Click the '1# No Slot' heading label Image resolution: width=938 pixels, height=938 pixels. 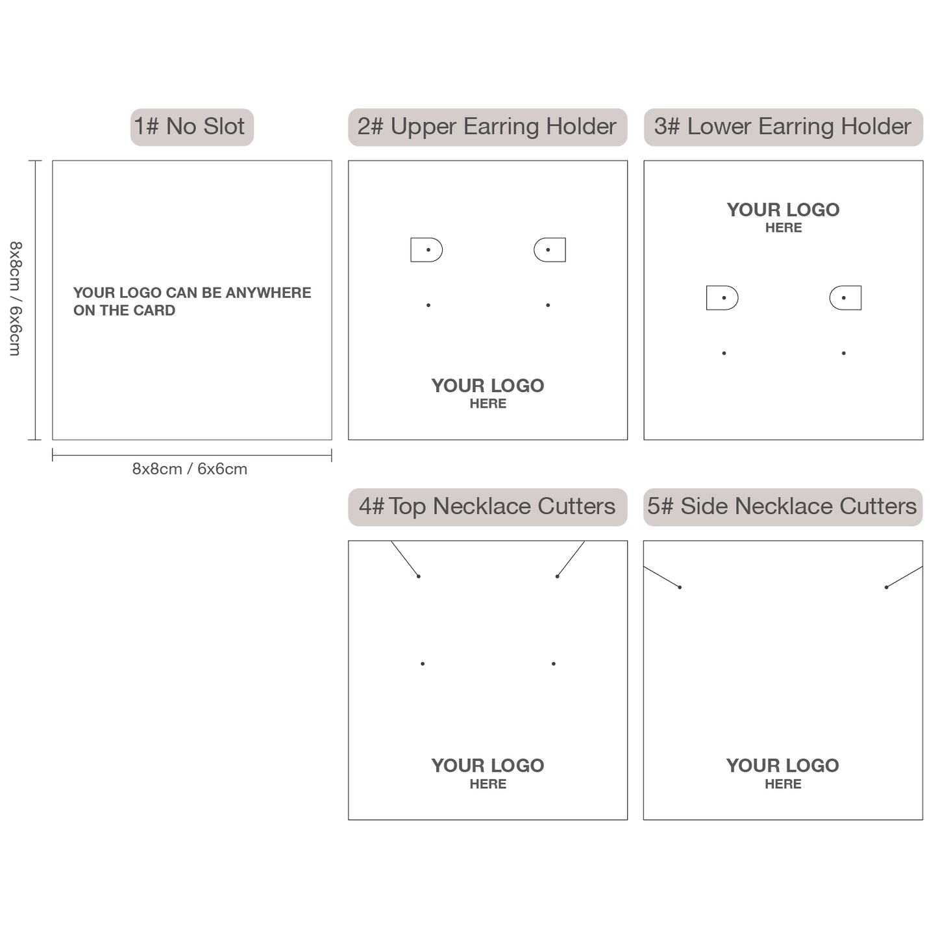coord(191,127)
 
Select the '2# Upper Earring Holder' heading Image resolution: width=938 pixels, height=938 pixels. coord(487,127)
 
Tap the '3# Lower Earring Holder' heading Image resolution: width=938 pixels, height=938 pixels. coord(783,127)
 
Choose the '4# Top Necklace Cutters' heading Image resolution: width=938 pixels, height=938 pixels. coord(487,506)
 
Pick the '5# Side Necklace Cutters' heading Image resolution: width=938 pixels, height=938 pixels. coord(782,506)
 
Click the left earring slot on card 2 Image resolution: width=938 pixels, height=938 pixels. coord(426,250)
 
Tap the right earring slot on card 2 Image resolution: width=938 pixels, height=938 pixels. coord(550,250)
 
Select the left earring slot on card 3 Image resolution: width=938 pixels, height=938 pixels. coord(722,298)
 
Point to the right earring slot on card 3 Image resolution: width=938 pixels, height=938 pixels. coord(845,298)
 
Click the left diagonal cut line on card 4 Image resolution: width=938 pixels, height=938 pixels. coord(405,559)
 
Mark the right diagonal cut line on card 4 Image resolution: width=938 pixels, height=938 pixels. coord(571,559)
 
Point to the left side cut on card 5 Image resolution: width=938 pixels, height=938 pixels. coord(661,577)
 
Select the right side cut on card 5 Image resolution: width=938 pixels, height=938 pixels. coord(904,577)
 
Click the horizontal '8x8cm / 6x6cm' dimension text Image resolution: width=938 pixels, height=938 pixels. coord(190,469)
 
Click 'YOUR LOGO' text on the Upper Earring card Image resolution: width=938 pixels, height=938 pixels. coord(488,386)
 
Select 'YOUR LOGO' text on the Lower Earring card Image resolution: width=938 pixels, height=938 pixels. coord(783,210)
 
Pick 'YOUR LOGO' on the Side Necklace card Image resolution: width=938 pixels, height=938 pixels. coord(782,765)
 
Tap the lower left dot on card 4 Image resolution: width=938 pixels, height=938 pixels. coord(423,663)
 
